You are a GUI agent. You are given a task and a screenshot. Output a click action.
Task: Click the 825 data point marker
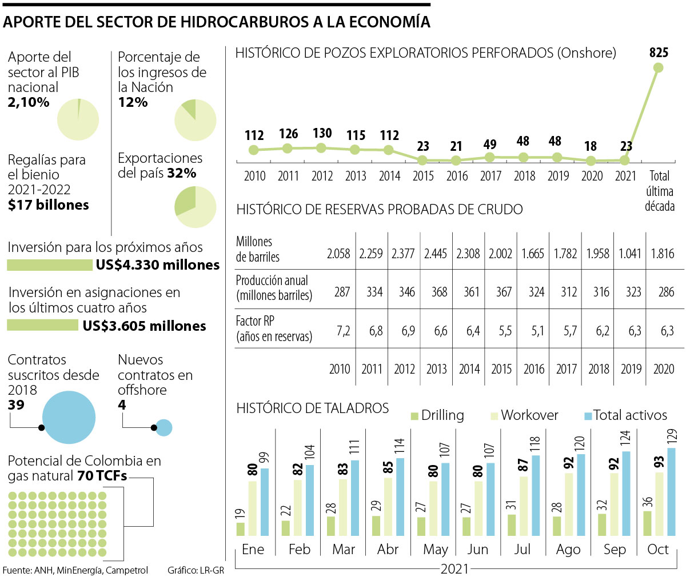click(x=658, y=67)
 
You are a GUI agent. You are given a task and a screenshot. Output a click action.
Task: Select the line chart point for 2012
click(x=321, y=148)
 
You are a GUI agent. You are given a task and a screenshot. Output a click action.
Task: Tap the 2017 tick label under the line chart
click(x=490, y=176)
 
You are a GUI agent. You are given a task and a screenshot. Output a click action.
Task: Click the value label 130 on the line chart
click(x=322, y=133)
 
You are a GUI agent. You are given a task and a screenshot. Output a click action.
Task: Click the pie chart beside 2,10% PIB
click(x=78, y=119)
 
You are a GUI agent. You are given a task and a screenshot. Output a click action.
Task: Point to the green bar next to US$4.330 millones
click(x=50, y=265)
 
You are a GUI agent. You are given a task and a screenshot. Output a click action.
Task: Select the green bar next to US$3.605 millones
click(x=42, y=326)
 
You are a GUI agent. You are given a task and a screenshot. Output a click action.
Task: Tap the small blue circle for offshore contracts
click(x=164, y=427)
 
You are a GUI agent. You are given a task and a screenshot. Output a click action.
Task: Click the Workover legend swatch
click(x=494, y=415)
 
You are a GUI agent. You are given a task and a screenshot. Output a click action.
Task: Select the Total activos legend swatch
click(x=587, y=415)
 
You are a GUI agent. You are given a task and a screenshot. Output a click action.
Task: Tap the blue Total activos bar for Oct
click(x=671, y=492)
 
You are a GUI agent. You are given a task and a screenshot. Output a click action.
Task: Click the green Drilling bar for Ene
click(x=241, y=529)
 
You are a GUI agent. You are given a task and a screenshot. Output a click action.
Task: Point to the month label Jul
click(x=523, y=550)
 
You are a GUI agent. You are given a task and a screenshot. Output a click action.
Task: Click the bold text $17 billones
click(x=49, y=205)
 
